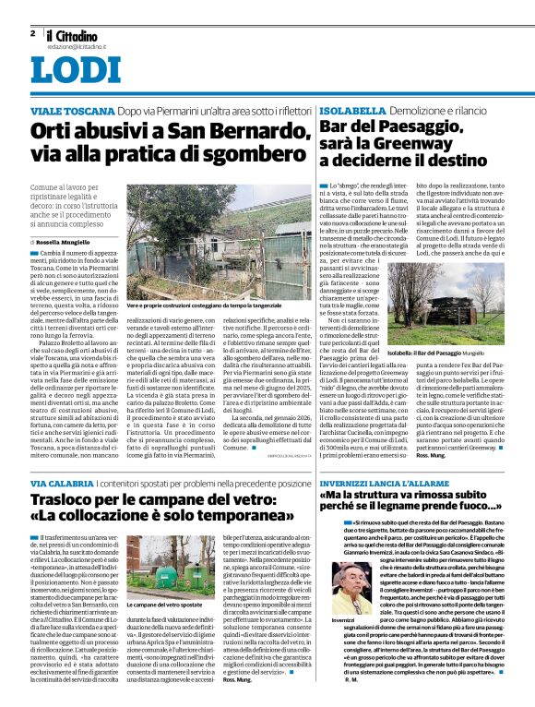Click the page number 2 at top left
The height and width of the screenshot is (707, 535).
pyautogui.click(x=32, y=33)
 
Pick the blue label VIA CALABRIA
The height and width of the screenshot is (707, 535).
pyautogui.click(x=63, y=483)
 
